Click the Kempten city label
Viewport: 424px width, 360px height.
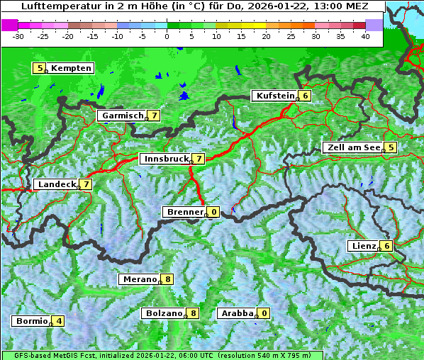coord(71,68)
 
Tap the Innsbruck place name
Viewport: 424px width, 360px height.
coord(165,159)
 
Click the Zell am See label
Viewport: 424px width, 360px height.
coord(352,147)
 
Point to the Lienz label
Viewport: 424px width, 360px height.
coord(363,246)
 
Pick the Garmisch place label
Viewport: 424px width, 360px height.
coord(121,115)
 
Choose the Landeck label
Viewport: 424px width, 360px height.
coord(56,184)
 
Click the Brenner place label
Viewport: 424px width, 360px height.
coord(184,212)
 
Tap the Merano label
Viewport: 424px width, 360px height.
coord(139,279)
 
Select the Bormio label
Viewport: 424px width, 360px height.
coord(31,321)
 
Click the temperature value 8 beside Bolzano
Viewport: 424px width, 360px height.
coord(193,313)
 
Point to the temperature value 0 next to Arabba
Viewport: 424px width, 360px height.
coord(264,313)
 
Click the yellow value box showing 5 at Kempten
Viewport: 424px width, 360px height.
coord(40,68)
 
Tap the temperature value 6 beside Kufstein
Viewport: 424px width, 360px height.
coord(305,96)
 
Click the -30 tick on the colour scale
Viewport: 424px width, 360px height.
coord(18,36)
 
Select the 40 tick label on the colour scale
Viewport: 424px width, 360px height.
coord(365,36)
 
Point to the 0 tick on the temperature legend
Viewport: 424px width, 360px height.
coord(167,36)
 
